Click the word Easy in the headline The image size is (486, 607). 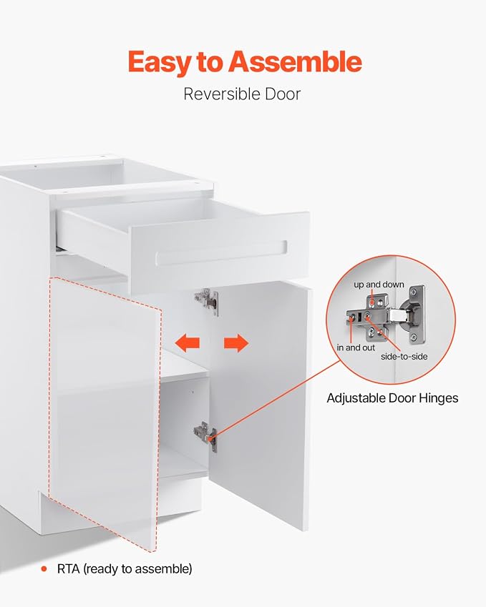160,62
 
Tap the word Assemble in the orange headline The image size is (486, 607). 295,61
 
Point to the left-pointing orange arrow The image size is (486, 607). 188,342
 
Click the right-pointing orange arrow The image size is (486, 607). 236,342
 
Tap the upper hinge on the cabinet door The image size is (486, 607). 208,301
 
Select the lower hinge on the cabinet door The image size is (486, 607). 205,435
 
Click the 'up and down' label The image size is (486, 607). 379,285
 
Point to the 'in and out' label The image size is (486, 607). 356,347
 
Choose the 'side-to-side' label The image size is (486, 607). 404,357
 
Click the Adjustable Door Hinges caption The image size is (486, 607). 392,398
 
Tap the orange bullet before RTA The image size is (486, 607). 44,568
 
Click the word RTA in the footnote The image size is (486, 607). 68,568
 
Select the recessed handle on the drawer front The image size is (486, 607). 221,254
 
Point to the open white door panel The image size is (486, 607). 261,403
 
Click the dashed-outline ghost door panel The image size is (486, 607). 105,413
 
